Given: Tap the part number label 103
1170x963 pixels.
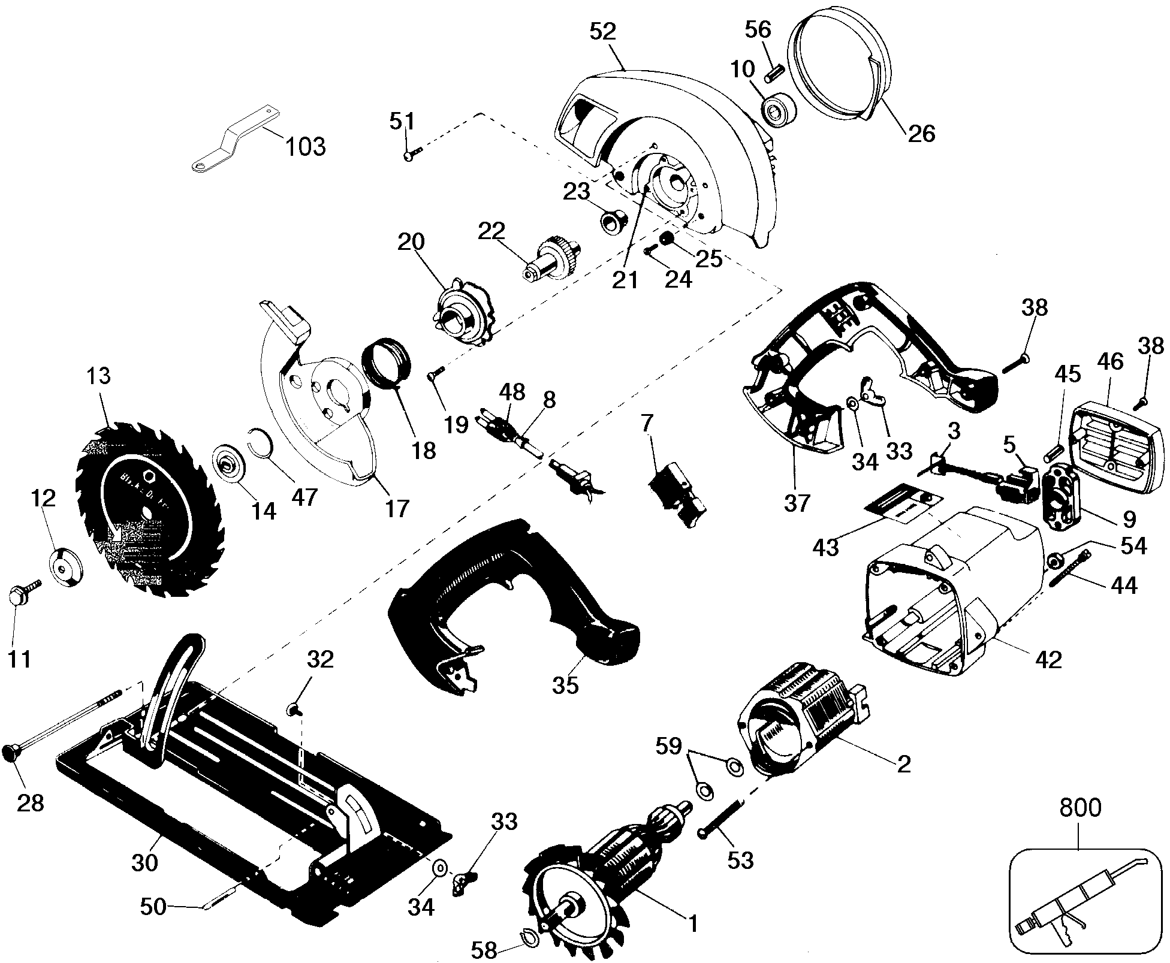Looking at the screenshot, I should (x=305, y=146).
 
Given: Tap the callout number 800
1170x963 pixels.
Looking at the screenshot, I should (x=1080, y=807).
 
